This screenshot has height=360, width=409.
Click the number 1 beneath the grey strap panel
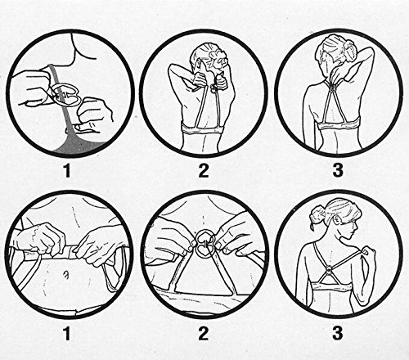pos(66,170)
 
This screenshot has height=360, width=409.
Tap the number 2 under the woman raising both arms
pos(203,170)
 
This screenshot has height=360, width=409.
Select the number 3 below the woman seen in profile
pos(338,332)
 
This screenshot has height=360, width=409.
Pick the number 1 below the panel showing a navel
pos(66,333)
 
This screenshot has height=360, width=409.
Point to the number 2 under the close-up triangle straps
pos(203,333)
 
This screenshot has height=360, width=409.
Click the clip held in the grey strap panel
pos(65,95)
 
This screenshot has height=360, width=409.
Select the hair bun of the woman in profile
pos(317,212)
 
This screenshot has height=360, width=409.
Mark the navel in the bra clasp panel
pos(65,276)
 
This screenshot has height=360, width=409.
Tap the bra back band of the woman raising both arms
pos(203,128)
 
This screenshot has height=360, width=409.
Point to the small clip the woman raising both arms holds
pos(213,88)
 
